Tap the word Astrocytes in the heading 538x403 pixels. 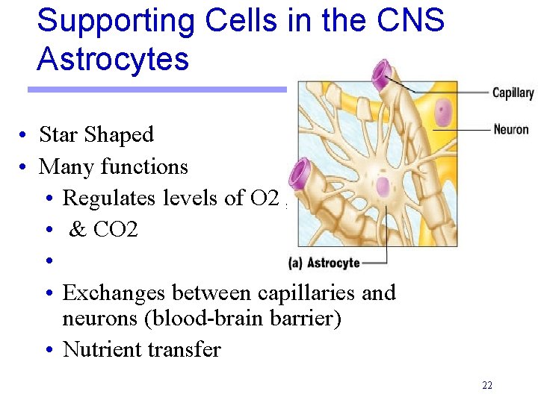[x=113, y=59]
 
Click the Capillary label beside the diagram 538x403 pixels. [x=513, y=93]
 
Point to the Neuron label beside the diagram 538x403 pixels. [x=511, y=129]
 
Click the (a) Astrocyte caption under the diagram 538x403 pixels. [x=324, y=263]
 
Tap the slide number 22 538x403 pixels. [x=487, y=386]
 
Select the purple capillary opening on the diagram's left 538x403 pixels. [x=300, y=174]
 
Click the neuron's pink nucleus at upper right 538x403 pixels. [x=443, y=113]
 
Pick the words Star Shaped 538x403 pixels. [x=96, y=135]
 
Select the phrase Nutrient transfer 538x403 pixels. [x=142, y=349]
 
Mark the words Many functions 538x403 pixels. [x=113, y=166]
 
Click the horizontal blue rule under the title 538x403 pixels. [x=157, y=90]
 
